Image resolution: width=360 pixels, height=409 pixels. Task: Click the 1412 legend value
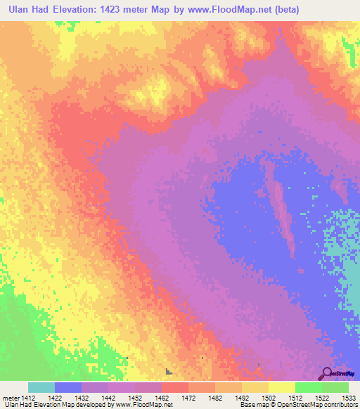tap(28, 398)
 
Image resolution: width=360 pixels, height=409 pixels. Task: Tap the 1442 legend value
tap(108, 398)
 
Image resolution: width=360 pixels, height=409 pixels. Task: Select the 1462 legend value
tap(162, 398)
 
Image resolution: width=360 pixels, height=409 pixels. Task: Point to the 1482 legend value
tap(215, 398)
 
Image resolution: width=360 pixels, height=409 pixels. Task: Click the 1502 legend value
tap(269, 398)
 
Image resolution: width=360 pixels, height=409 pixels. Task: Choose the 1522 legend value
tap(322, 398)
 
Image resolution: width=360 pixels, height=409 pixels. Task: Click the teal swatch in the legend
tap(41, 387)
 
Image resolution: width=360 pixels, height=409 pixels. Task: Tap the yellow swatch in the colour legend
tap(282, 387)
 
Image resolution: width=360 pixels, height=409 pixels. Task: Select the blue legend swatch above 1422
tap(68, 387)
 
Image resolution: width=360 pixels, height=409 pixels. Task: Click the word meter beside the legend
tap(10, 398)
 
